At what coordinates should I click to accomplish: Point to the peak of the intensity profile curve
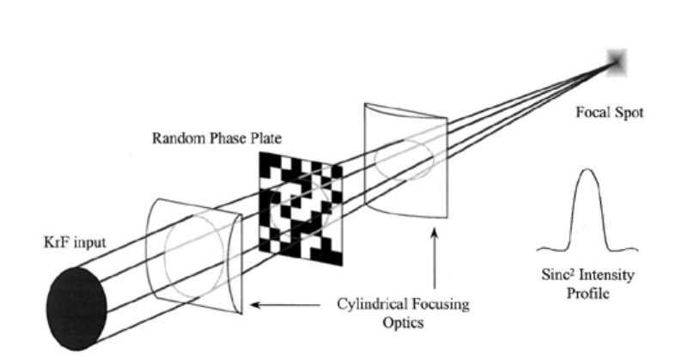pos(587,170)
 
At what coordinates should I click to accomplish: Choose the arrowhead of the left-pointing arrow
pos(253,304)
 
